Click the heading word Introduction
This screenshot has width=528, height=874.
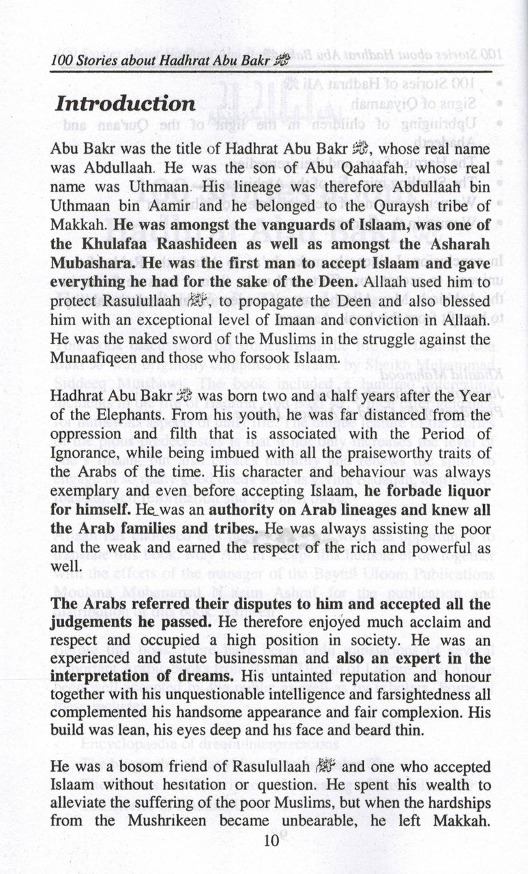126,104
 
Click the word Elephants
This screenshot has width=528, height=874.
107,396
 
